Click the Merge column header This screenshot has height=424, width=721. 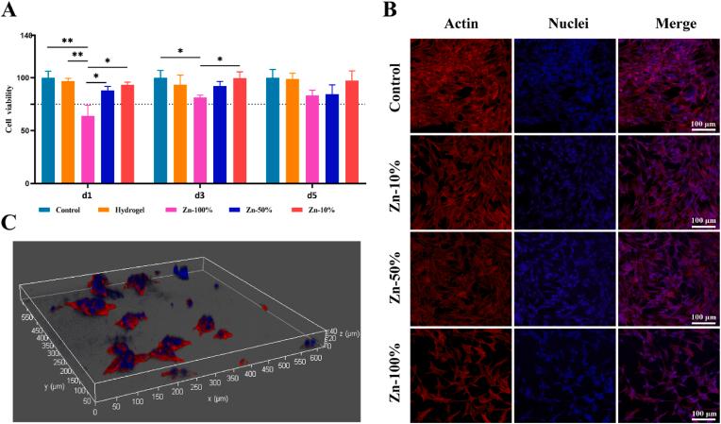click(x=663, y=23)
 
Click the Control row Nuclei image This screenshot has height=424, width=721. click(x=562, y=83)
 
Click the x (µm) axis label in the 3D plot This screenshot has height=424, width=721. click(x=240, y=399)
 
